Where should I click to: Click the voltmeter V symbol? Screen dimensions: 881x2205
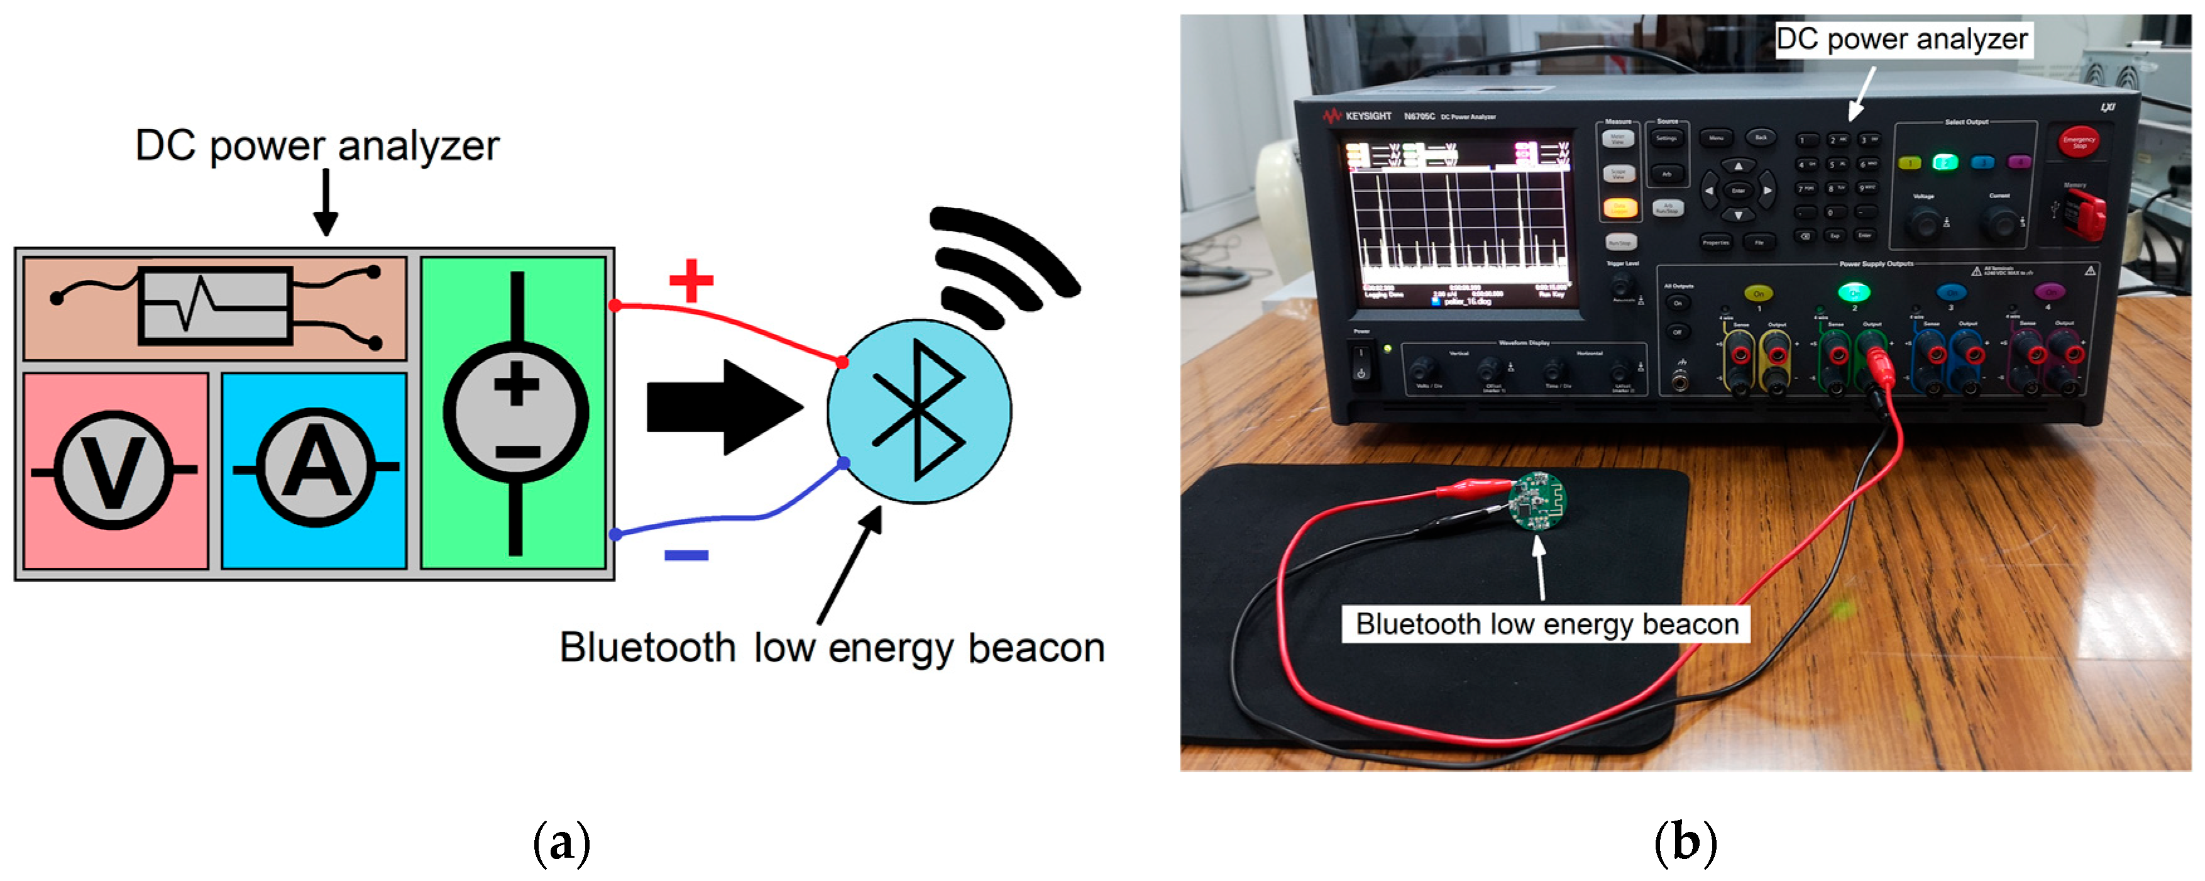pyautogui.click(x=114, y=469)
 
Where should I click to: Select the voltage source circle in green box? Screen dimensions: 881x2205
pyautogui.click(x=515, y=412)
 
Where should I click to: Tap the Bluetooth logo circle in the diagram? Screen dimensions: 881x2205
pyautogui.click(x=918, y=412)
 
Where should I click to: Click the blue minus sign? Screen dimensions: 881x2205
pyautogui.click(x=686, y=555)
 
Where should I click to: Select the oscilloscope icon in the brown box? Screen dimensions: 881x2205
pyautogui.click(x=215, y=306)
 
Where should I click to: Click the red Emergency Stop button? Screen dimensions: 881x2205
pyautogui.click(x=2078, y=142)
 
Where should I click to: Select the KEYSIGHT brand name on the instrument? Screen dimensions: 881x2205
pyautogui.click(x=1367, y=116)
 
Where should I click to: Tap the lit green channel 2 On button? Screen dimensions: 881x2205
pyautogui.click(x=1854, y=293)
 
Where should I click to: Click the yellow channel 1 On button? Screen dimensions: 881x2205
pyautogui.click(x=1758, y=293)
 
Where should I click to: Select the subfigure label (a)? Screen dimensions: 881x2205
pyautogui.click(x=561, y=843)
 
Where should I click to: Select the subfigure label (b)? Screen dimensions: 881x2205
pyautogui.click(x=1685, y=843)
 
